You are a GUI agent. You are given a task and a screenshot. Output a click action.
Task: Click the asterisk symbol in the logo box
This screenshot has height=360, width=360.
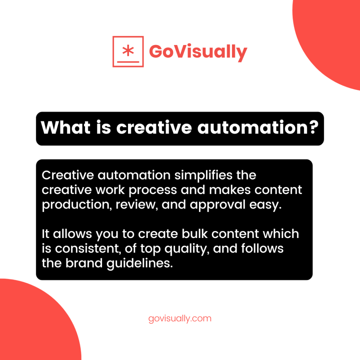coord(128,50)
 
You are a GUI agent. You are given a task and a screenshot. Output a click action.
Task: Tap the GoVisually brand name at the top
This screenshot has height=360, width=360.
coord(198,52)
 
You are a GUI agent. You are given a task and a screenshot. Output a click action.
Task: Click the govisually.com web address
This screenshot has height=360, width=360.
coord(180,319)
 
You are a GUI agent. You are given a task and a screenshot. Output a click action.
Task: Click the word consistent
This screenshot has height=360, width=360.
coord(88,249)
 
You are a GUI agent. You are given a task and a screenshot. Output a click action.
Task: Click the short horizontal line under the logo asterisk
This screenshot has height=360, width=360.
coord(128,61)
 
